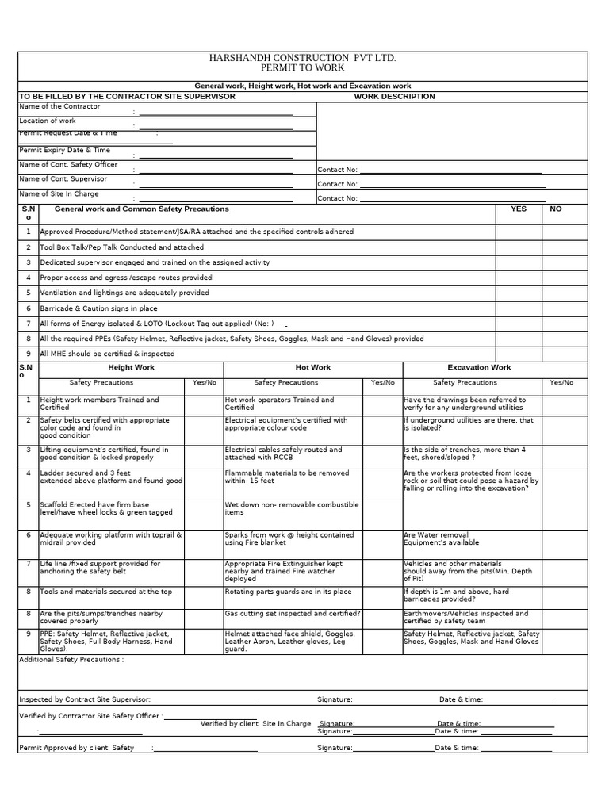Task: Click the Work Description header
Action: coord(394,97)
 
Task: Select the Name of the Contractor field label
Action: coord(59,106)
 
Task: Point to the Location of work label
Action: coord(48,121)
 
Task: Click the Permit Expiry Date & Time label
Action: coord(65,150)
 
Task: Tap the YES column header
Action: coord(519,209)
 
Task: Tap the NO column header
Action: coord(555,209)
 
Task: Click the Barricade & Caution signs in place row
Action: coord(98,308)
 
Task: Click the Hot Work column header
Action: coord(313,368)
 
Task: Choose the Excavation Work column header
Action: coord(479,368)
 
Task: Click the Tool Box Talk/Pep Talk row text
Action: coord(121,247)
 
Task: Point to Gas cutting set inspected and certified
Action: coord(293,614)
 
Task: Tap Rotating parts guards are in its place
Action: coord(289,592)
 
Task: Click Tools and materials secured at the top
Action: coord(105,592)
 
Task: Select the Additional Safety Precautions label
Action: coord(71,659)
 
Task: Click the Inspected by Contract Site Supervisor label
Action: coord(84,699)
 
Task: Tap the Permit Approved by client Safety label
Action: coord(77,748)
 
